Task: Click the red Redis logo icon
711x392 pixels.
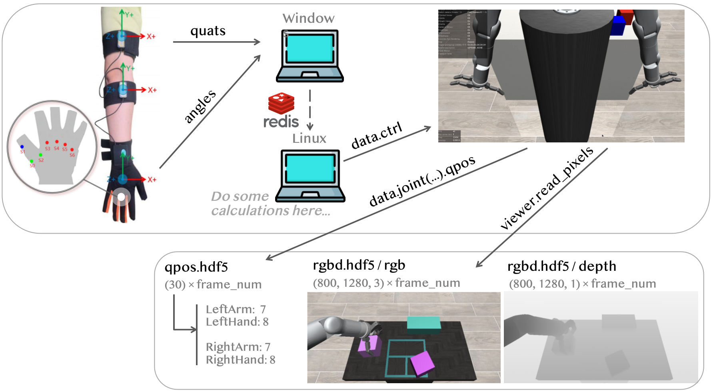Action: pyautogui.click(x=281, y=104)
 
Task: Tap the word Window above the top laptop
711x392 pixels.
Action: pyautogui.click(x=308, y=18)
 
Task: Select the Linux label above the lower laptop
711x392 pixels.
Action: pyautogui.click(x=309, y=138)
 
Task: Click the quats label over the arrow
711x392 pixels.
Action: pyautogui.click(x=208, y=31)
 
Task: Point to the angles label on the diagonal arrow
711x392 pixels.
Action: pyautogui.click(x=200, y=106)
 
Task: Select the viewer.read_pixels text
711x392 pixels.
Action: pyautogui.click(x=547, y=188)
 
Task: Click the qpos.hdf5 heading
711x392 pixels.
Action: pyautogui.click(x=196, y=267)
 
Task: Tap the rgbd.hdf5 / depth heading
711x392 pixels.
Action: pyautogui.click(x=561, y=266)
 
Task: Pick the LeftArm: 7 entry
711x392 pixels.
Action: pyautogui.click(x=236, y=309)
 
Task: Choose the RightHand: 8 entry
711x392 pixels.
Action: pyautogui.click(x=240, y=360)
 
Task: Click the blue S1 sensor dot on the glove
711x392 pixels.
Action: pyautogui.click(x=22, y=147)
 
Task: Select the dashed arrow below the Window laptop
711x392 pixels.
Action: pyautogui.click(x=310, y=110)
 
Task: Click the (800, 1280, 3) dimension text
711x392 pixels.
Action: pyautogui.click(x=348, y=283)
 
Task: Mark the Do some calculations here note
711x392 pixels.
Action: pyautogui.click(x=270, y=204)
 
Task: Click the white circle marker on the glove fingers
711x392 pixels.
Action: pyautogui.click(x=121, y=197)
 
